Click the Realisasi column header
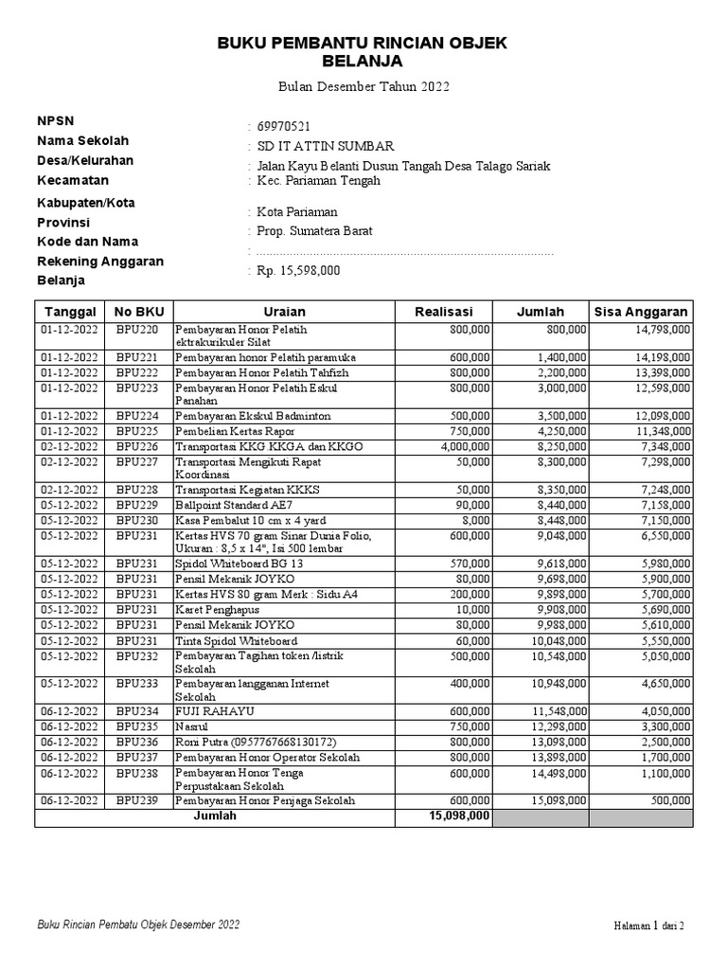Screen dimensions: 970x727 click(443, 312)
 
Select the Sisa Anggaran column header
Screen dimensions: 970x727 click(641, 312)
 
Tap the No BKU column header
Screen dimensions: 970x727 click(138, 312)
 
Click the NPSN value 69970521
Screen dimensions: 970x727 click(284, 126)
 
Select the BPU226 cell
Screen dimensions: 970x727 click(138, 446)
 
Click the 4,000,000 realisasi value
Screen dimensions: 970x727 click(465, 446)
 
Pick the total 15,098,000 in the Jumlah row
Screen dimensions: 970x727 click(459, 815)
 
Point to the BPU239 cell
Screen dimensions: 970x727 click(138, 800)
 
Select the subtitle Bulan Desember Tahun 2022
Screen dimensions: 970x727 click(363, 87)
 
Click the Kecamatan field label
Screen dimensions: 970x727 click(73, 180)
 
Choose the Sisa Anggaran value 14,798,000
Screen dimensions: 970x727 click(662, 329)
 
